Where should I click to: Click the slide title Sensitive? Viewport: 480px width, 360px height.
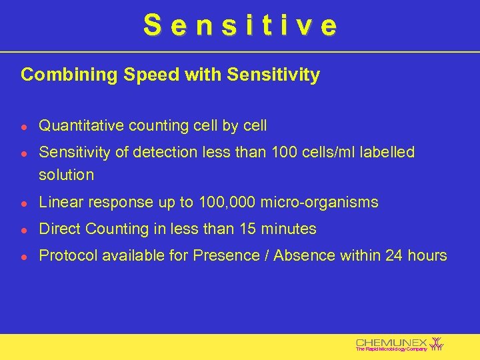pyautogui.click(x=240, y=26)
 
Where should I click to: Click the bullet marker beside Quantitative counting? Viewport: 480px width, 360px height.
pyautogui.click(x=25, y=126)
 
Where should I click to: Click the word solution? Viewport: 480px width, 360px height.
pyautogui.click(x=67, y=175)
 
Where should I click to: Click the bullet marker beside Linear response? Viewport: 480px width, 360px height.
pyautogui.click(x=25, y=203)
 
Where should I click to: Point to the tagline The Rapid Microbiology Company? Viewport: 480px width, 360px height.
pyautogui.click(x=391, y=349)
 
